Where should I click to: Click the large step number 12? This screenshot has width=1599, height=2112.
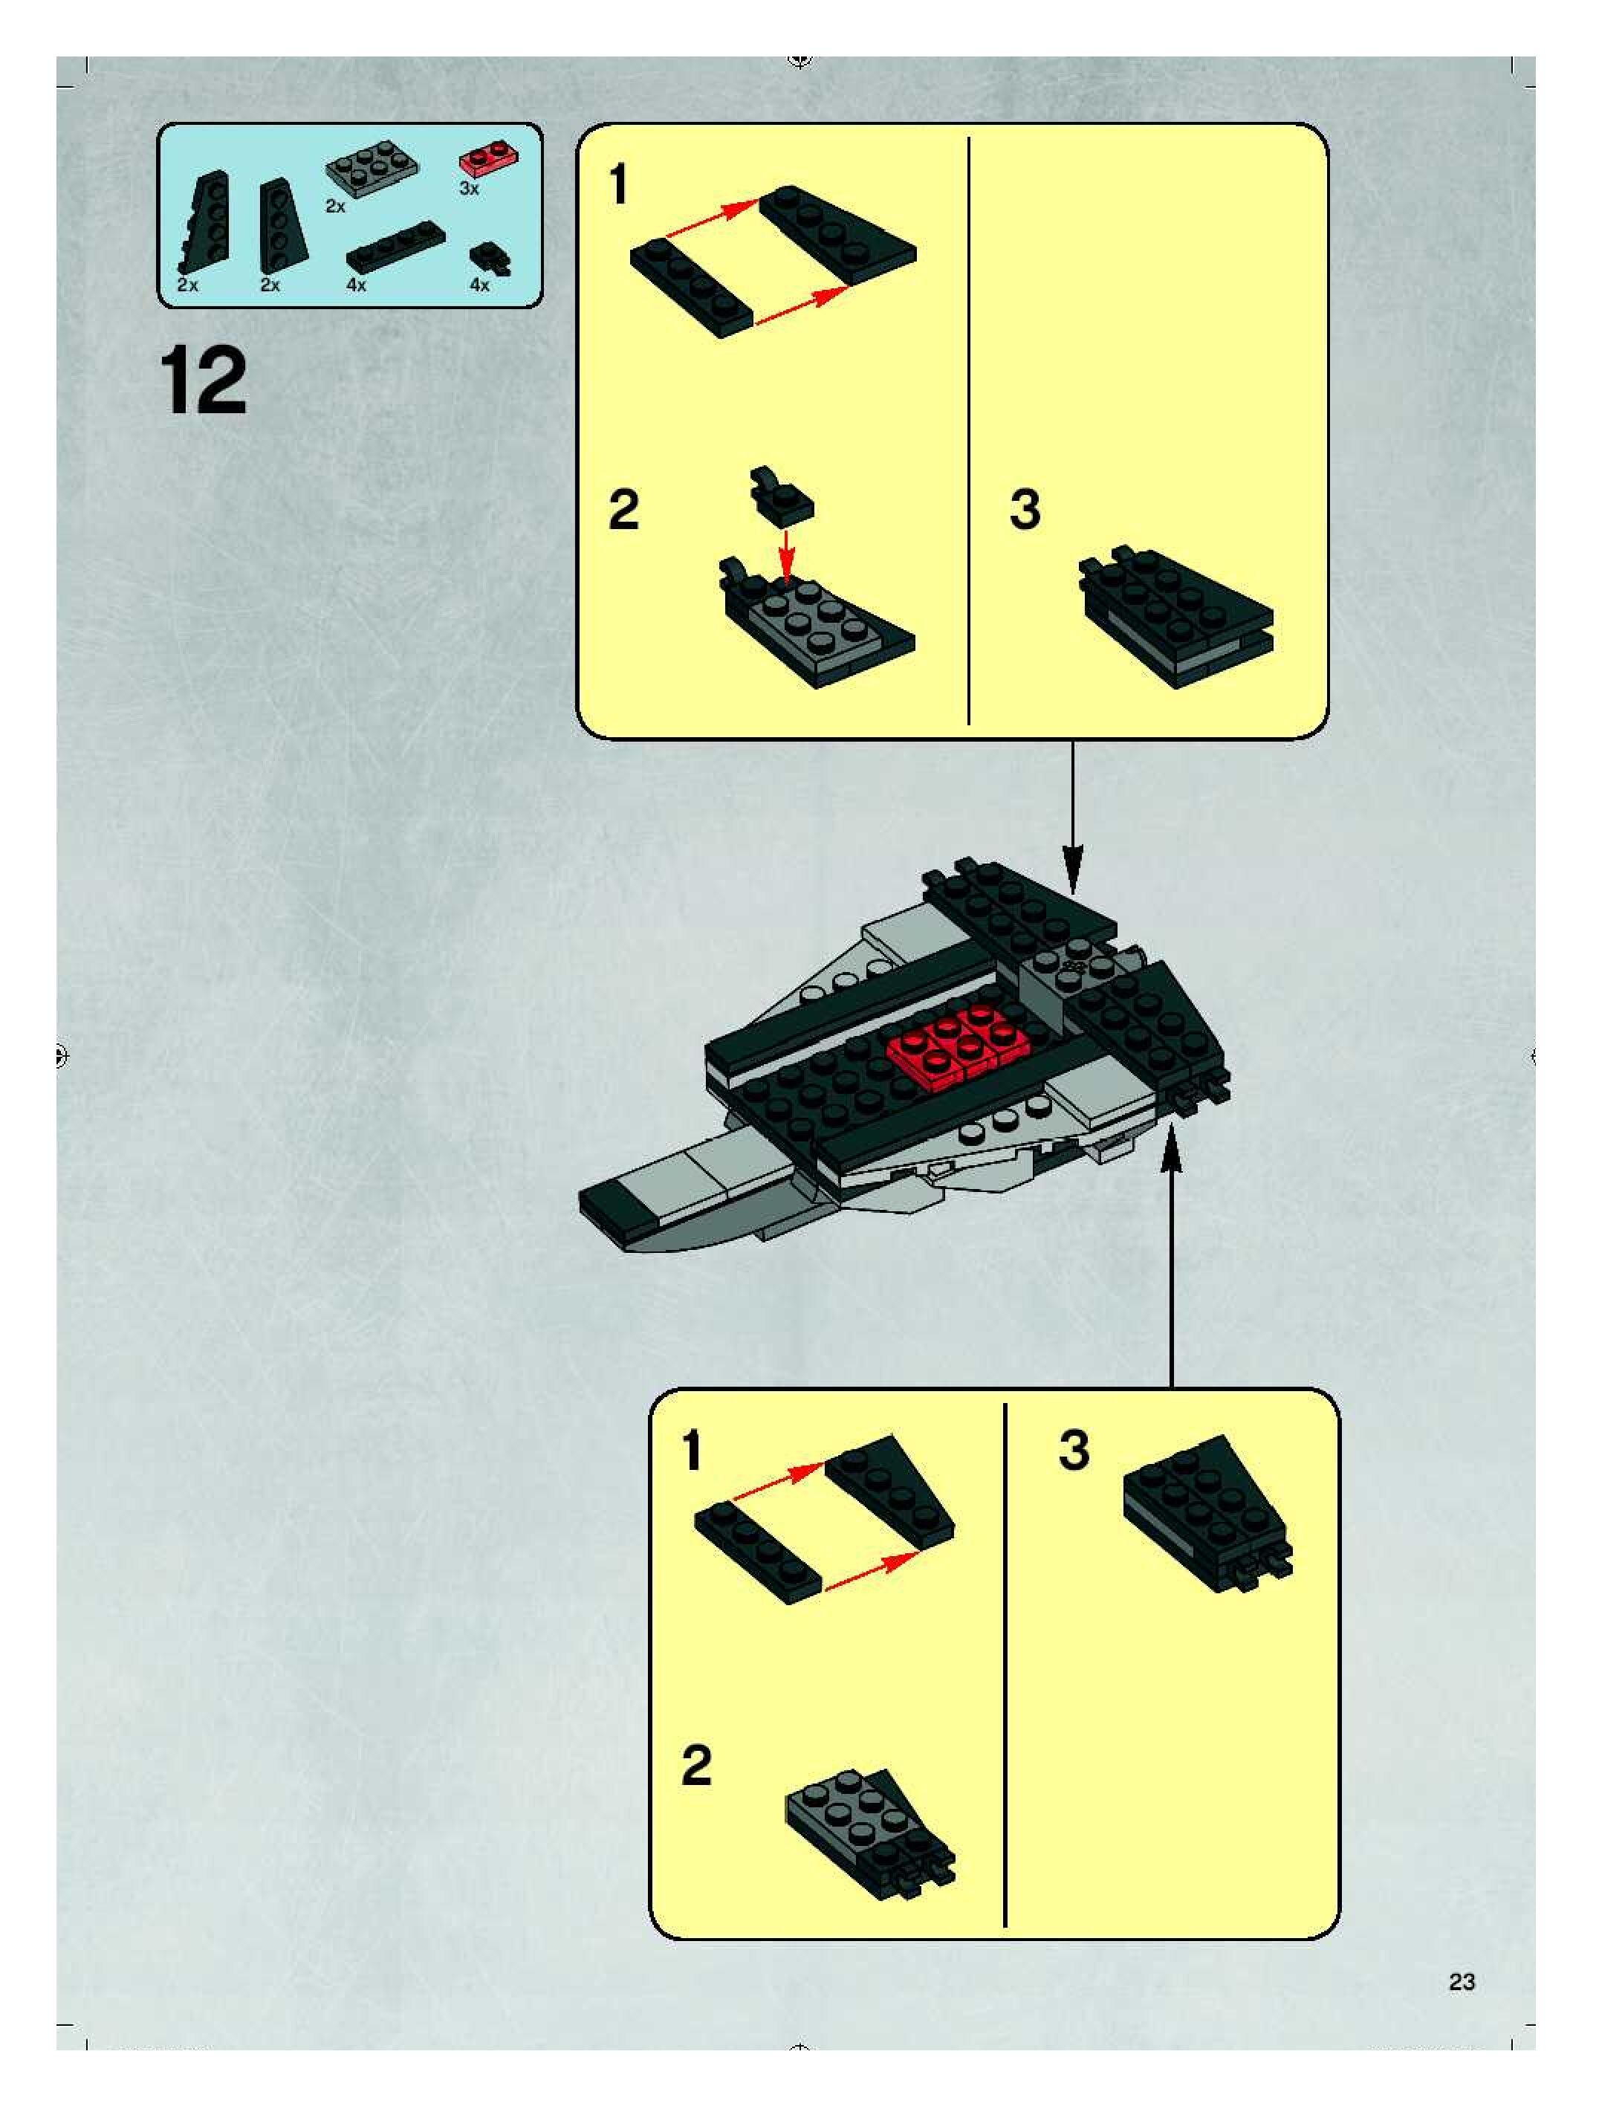[205, 382]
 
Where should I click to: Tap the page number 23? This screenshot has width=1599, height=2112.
[1462, 1982]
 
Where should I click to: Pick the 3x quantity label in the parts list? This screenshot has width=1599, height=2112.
[469, 189]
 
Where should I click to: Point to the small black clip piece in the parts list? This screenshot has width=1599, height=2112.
[490, 259]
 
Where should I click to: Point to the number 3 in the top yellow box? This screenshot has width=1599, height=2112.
[1025, 510]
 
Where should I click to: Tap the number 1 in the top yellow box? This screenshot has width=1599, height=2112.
[619, 184]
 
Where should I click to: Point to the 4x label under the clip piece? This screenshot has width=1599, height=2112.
[479, 285]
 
